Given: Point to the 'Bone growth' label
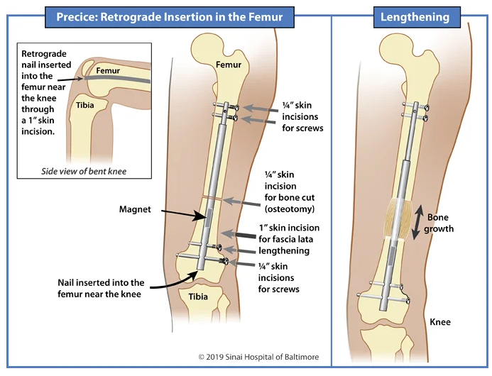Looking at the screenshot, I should tap(440, 222).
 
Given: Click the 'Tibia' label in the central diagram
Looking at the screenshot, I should tap(198, 297).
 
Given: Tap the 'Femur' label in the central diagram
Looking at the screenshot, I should tap(229, 65).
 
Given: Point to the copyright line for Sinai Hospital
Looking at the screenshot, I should tap(258, 357).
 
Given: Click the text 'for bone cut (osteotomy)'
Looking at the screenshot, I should tap(287, 205).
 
